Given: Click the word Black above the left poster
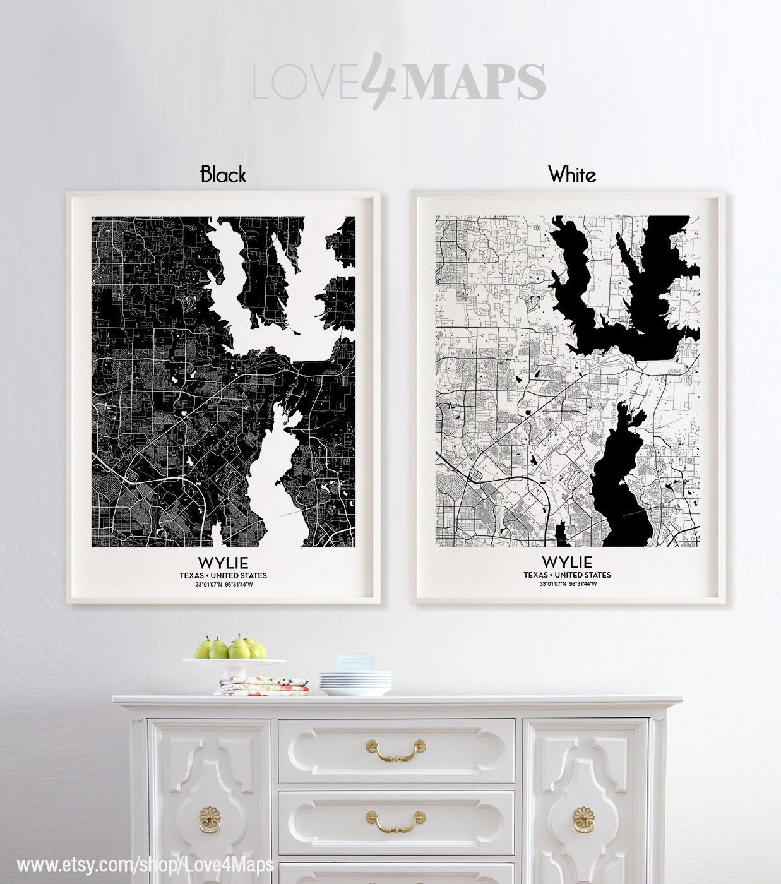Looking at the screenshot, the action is pyautogui.click(x=223, y=174).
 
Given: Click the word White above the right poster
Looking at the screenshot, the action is pyautogui.click(x=572, y=174).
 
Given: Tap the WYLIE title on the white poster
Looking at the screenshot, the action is pyautogui.click(x=567, y=562).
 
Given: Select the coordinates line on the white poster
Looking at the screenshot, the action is pyautogui.click(x=567, y=584).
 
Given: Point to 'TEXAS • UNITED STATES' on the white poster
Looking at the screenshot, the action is pyautogui.click(x=567, y=575).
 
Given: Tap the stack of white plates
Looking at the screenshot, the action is pyautogui.click(x=355, y=683).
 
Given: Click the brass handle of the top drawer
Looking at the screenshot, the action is pyautogui.click(x=395, y=749).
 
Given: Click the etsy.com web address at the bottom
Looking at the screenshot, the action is pyautogui.click(x=145, y=864).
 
